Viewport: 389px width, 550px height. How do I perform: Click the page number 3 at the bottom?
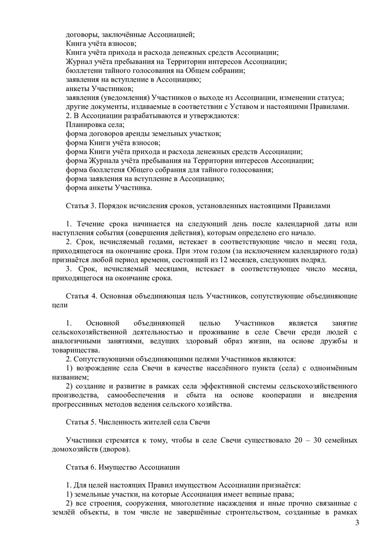click(357, 524)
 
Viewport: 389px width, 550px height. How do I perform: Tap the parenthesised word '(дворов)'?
click(115, 449)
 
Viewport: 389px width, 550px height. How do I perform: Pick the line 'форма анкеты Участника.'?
click(109, 188)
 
